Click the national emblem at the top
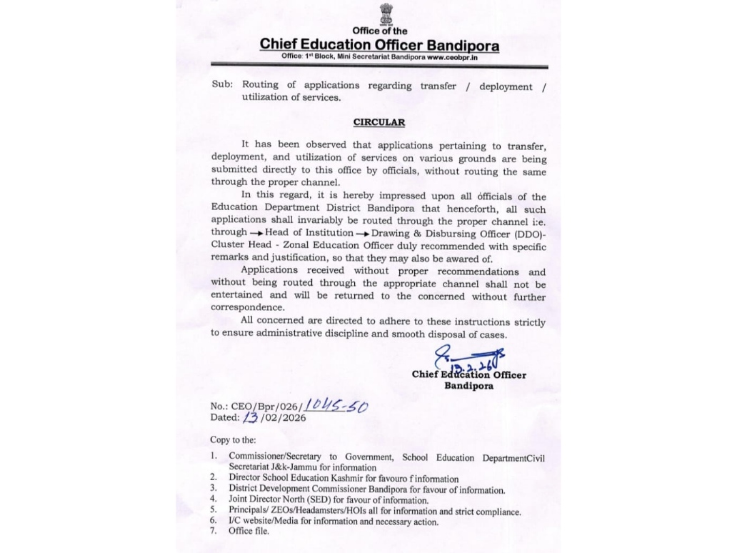tap(385, 14)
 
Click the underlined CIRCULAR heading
tap(379, 122)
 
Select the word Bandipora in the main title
tap(461, 44)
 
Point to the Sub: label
tap(222, 85)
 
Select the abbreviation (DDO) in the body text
tap(523, 233)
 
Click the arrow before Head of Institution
tap(256, 234)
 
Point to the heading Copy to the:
tap(233, 440)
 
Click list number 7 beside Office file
tap(213, 532)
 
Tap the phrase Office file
tap(249, 532)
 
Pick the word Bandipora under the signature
tap(468, 386)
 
